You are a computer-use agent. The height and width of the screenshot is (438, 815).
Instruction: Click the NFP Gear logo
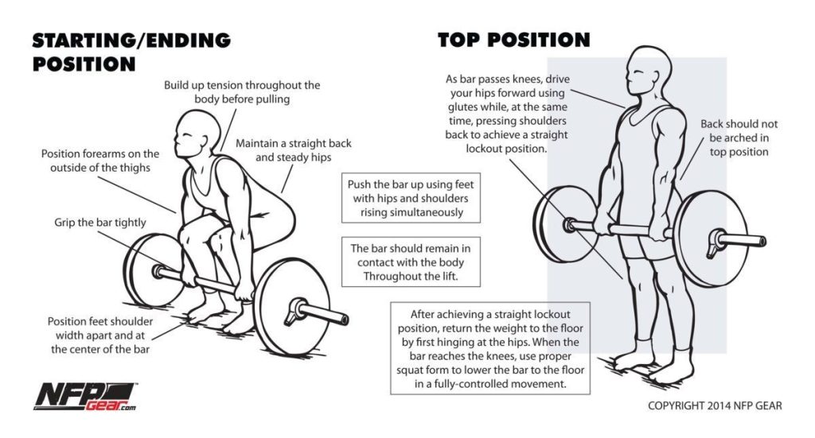[83, 395]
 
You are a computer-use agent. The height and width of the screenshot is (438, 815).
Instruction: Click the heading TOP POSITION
[513, 40]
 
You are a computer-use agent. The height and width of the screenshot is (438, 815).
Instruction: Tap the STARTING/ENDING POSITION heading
[131, 52]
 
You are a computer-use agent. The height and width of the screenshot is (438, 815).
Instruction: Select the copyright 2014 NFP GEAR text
[715, 405]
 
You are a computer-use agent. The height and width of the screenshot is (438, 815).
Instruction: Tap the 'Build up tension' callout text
[242, 92]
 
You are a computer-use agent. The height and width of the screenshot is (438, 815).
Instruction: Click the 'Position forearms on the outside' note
[100, 161]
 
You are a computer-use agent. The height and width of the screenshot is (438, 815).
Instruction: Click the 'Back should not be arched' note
[739, 138]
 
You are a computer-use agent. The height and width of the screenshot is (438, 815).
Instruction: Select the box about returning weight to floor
[489, 348]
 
